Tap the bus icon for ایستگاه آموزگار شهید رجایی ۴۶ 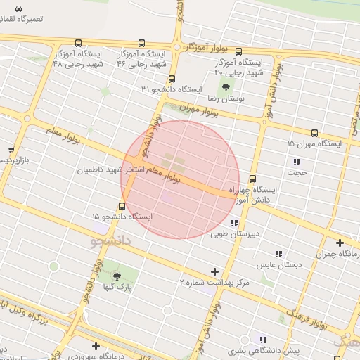click(x=142, y=43)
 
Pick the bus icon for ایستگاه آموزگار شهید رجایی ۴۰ click(x=238, y=52)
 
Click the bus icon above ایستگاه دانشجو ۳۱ click(x=172, y=79)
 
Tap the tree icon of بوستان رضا click(x=226, y=88)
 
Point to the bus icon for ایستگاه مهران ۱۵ click(x=314, y=132)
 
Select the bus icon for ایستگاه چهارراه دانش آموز click(x=252, y=179)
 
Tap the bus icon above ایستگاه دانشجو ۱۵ click(x=122, y=206)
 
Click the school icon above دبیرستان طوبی click(x=233, y=223)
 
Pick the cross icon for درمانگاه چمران click(x=340, y=243)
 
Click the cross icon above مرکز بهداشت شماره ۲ click(x=215, y=271)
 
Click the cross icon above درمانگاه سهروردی click(x=96, y=346)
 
